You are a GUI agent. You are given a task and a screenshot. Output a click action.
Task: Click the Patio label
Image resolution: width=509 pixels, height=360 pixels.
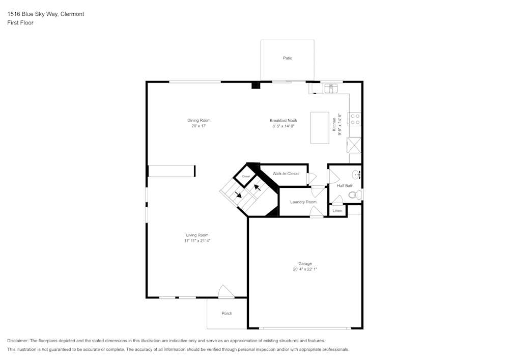tap(288, 58)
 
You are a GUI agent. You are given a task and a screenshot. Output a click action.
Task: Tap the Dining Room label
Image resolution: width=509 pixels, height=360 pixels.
tap(199, 121)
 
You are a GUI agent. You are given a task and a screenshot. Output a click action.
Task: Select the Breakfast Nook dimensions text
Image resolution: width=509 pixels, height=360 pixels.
tap(283, 126)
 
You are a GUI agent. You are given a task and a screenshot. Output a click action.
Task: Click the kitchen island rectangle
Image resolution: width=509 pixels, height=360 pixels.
tap(320, 128)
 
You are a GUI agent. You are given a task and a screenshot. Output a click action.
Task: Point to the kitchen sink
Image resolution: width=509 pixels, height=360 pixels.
tap(331, 89)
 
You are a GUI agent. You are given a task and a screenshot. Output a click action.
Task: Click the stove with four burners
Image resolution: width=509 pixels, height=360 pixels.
tap(355, 119)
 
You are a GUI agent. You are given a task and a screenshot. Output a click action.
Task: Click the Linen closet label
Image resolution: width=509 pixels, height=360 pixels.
tap(337, 210)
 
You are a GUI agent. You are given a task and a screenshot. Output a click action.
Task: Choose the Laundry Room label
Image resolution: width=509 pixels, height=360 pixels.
tap(303, 202)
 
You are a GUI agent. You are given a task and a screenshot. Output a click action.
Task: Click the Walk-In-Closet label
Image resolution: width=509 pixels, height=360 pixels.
tap(286, 174)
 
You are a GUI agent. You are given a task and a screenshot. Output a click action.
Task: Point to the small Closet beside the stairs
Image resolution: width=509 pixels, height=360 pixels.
tap(246, 176)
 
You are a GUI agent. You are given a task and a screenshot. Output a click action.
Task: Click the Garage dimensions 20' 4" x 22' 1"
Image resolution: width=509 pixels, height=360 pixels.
tap(305, 269)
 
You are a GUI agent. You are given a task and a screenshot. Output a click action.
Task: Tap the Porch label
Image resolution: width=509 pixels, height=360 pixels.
tap(227, 313)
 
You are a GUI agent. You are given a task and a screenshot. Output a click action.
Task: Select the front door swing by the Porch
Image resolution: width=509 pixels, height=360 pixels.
tap(225, 292)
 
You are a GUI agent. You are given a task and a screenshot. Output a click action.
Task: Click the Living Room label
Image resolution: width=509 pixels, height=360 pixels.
tap(197, 235)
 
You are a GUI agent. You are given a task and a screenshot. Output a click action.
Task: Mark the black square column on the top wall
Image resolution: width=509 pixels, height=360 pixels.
tap(256, 85)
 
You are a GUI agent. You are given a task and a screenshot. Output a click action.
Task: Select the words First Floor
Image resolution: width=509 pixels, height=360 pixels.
tap(20, 23)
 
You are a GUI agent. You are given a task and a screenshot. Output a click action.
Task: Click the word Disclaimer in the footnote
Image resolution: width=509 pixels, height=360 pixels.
tap(18, 341)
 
